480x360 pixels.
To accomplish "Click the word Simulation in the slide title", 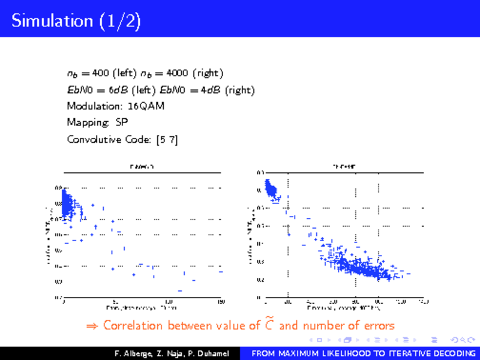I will pos(50,22).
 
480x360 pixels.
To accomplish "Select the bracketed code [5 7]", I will pos(167,140).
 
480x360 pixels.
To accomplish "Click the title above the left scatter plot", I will pos(142,167).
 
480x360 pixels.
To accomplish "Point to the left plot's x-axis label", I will pos(142,308).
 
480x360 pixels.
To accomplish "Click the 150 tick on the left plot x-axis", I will pos(221,301).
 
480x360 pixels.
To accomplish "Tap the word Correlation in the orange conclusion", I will pos(133,326).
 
